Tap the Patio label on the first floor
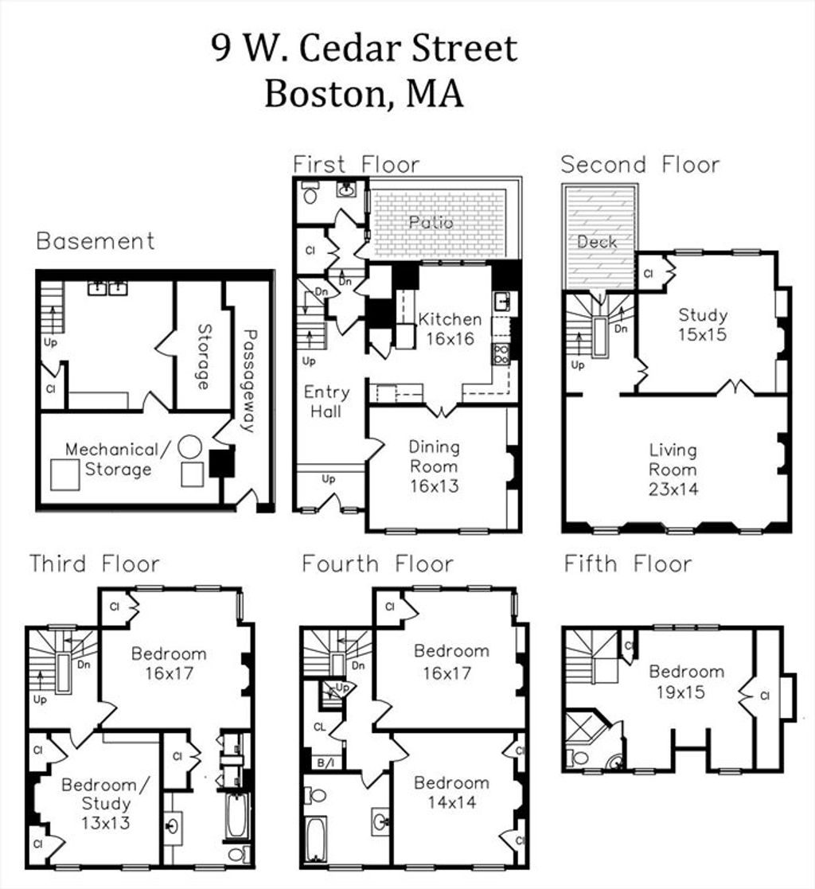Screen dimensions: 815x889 pos(431,222)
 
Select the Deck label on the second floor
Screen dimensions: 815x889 pos(597,242)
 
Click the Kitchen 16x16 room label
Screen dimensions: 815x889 pos(450,329)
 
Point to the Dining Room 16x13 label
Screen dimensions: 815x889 pos(435,466)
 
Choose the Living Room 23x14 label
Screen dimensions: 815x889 pos(673,470)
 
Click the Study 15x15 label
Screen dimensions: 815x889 pos(703,324)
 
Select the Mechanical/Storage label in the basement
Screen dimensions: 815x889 pos(118,459)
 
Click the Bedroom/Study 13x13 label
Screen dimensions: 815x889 pos(106,803)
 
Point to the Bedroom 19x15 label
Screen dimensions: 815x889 pos(686,681)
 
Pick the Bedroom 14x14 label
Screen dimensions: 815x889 pos(451,792)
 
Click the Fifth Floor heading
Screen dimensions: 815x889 pos(628,564)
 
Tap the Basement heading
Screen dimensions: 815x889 pos(96,241)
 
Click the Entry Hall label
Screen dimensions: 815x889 pos(326,401)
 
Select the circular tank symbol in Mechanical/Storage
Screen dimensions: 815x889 pos(190,446)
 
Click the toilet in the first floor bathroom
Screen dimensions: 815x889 pos(310,193)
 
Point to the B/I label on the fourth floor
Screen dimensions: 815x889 pos(326,763)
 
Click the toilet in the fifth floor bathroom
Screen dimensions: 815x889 pos(579,757)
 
